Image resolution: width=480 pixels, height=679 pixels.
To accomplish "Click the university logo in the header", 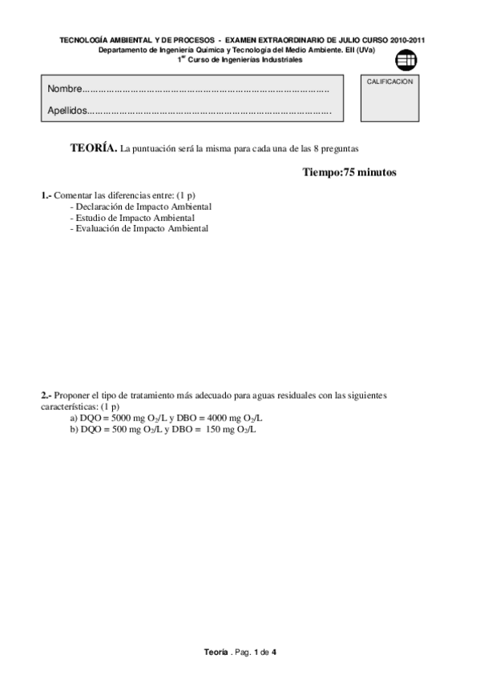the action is click(406, 58).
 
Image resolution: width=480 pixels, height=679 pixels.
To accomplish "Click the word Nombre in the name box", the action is click(64, 88).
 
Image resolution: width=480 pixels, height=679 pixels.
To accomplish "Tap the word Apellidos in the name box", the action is click(67, 110).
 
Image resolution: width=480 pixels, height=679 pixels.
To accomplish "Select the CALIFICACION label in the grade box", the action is click(389, 82).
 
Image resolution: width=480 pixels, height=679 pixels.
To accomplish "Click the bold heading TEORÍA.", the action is click(93, 148).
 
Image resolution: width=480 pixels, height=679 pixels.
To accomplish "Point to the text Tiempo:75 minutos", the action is click(349, 172).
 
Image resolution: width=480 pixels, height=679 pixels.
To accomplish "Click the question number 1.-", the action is click(46, 195).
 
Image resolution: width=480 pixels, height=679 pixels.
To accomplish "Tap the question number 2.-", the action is click(46, 396).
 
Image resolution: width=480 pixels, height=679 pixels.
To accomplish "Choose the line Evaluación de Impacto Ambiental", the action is click(141, 228).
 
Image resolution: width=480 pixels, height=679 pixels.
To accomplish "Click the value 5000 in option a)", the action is click(119, 418).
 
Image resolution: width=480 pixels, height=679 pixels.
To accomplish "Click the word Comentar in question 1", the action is click(72, 195).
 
